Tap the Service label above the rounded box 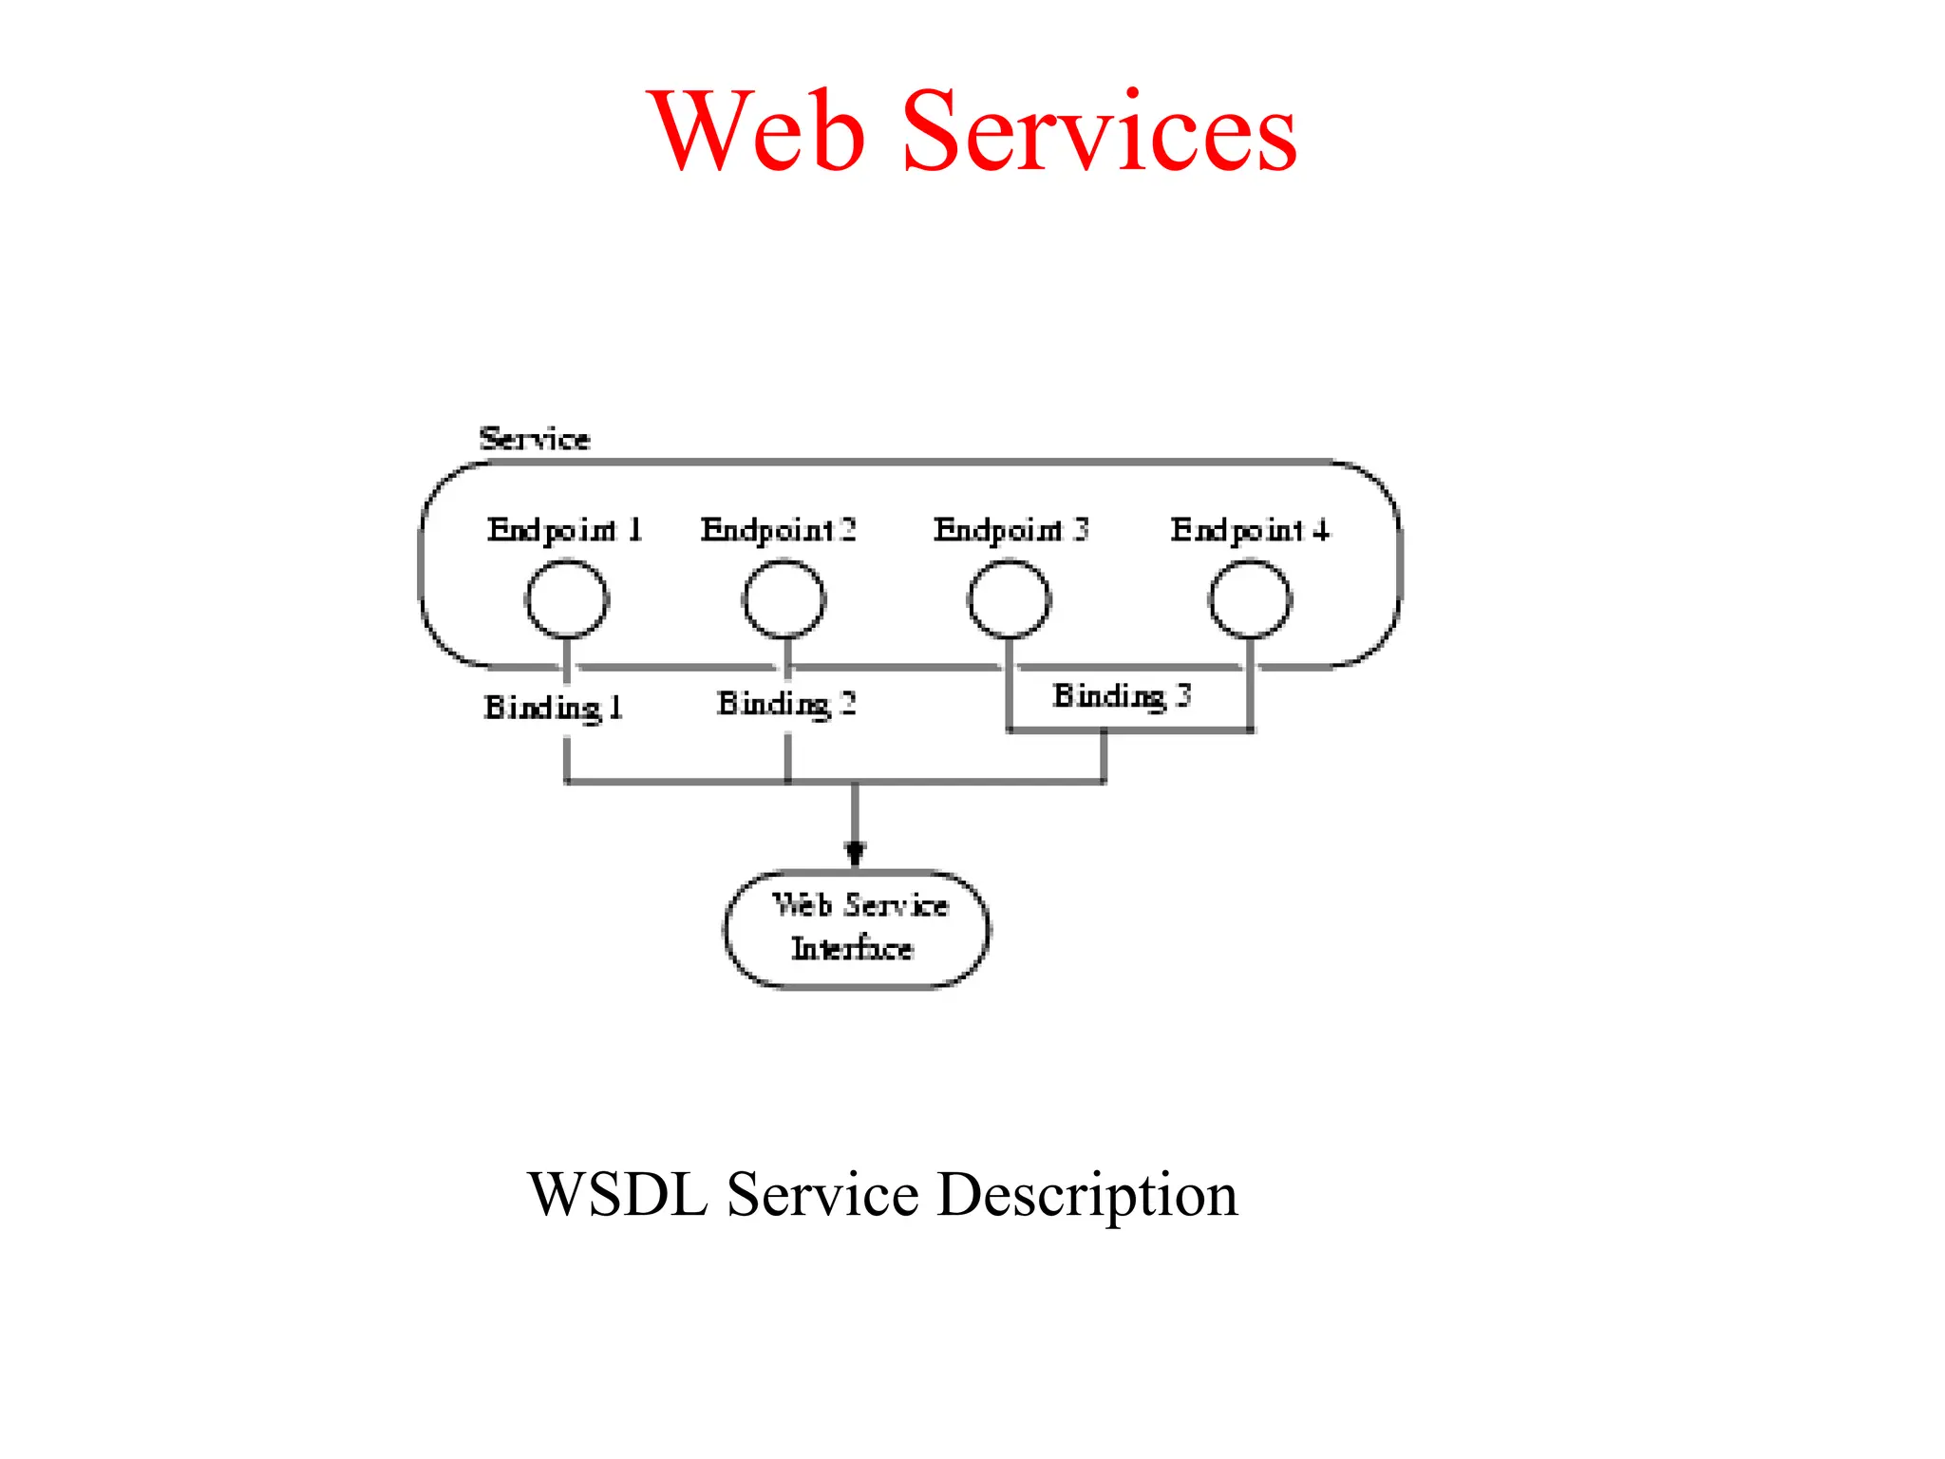535,439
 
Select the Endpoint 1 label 565,530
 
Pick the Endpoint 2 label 779,530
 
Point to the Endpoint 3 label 1011,530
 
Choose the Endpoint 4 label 1250,530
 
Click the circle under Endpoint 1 567,599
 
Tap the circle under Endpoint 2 784,599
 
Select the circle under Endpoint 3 1010,599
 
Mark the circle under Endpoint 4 1251,599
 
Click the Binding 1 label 554,708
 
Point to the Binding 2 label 786,704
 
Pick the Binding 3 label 1122,696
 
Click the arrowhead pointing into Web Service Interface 856,852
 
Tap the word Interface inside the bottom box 853,949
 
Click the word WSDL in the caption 618,1194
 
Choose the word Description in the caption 1087,1196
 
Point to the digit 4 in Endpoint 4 1321,530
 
